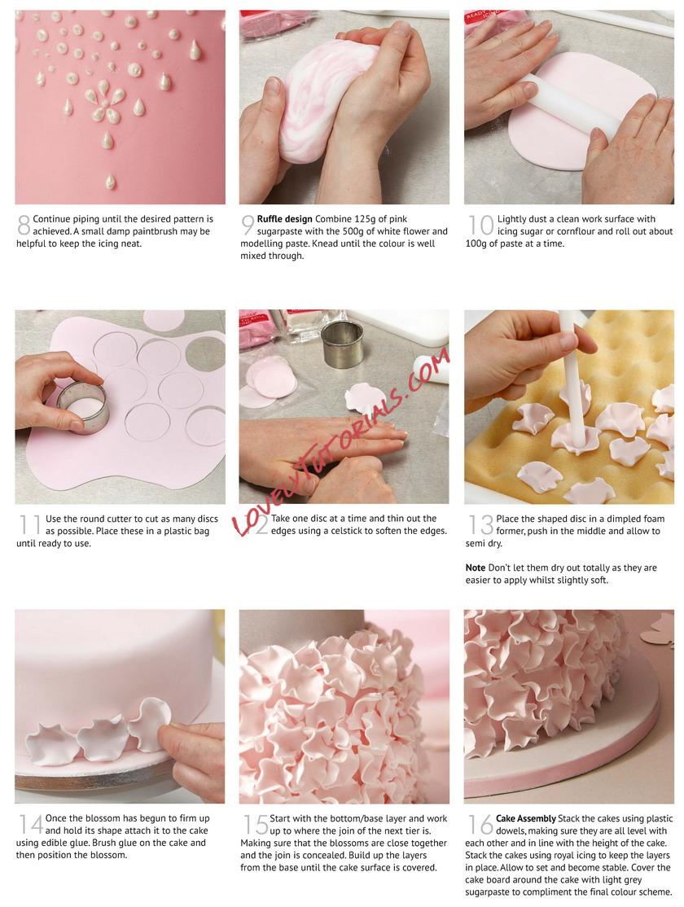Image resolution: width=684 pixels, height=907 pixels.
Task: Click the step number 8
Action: coord(24,225)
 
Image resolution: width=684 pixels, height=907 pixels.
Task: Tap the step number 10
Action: coord(480,225)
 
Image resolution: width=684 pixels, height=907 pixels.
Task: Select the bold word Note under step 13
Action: coord(475,568)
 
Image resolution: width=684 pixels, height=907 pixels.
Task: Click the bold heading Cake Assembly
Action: coord(525,818)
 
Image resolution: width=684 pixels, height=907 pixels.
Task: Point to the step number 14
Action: coord(31,824)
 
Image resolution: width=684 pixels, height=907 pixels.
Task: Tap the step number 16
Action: coord(480,824)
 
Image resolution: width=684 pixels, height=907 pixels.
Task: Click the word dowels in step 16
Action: coord(511,830)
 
